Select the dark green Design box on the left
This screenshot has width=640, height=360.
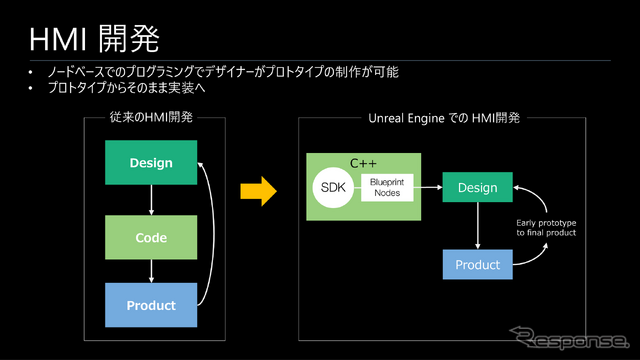click(x=151, y=163)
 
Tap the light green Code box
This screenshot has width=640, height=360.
click(x=151, y=238)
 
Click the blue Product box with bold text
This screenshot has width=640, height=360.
click(x=151, y=305)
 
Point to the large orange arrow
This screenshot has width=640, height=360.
click(x=257, y=191)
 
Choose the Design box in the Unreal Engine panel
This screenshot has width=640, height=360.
click(x=477, y=187)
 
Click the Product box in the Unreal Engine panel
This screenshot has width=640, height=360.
click(x=477, y=265)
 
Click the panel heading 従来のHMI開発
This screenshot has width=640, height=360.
click(x=150, y=118)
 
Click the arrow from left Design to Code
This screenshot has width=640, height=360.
click(x=151, y=200)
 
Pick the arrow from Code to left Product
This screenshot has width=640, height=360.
click(x=151, y=271)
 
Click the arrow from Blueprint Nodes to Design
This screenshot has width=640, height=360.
click(x=427, y=187)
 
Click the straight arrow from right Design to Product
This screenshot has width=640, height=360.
click(x=477, y=226)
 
